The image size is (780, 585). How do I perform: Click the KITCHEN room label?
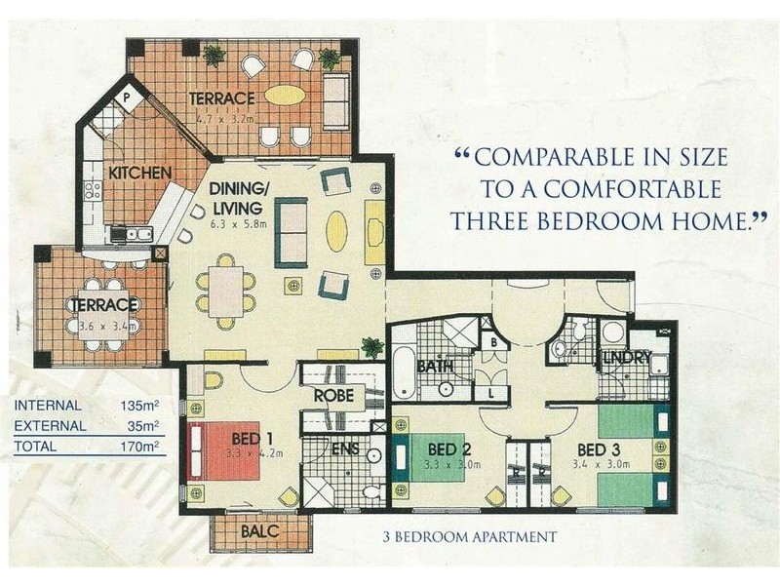pos(139,173)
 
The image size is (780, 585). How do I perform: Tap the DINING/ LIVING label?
pos(236,199)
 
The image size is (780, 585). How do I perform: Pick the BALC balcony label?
pos(259,531)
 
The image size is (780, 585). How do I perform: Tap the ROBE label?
pos(333,397)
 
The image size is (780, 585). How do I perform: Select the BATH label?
pos(433,367)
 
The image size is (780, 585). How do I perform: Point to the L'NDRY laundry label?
pos(626,358)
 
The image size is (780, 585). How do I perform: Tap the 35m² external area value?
pos(143,426)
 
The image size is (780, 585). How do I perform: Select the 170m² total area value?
pos(140,448)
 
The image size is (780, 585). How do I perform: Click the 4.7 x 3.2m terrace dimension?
pos(224,118)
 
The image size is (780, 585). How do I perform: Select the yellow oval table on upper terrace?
pos(285,95)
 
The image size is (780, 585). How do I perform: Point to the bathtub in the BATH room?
pos(404,374)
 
